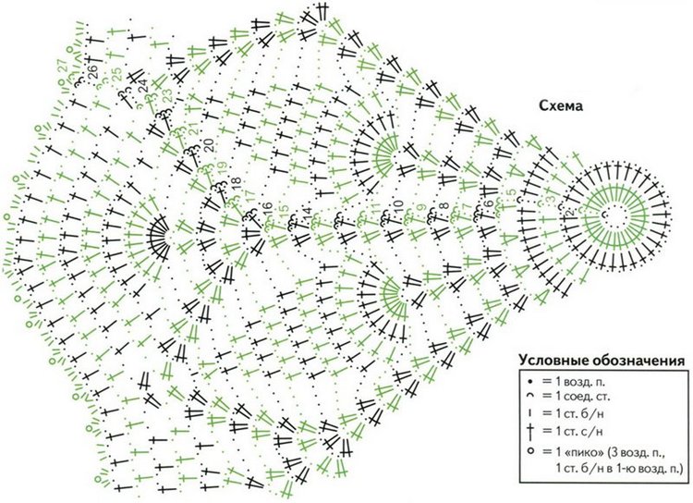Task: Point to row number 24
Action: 143,86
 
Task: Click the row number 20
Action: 208,143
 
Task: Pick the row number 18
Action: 234,181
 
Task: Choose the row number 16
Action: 266,205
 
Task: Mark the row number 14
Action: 308,214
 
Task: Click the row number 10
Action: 398,204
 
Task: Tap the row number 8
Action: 443,205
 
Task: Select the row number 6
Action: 489,204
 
